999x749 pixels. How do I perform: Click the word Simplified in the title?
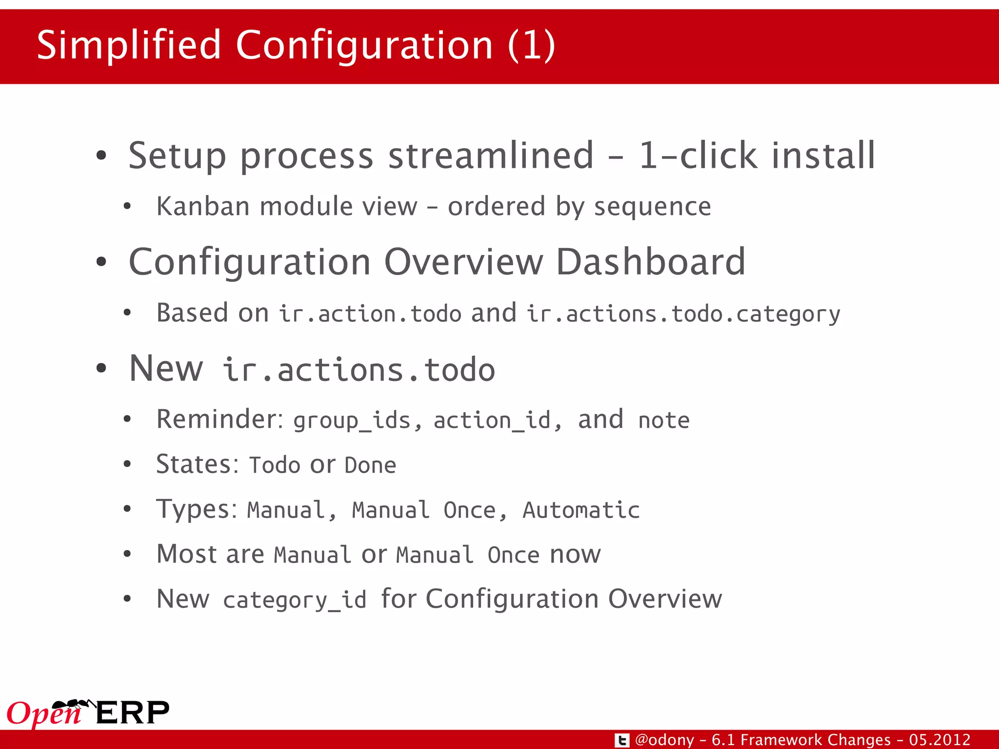(129, 45)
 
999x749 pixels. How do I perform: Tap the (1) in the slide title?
(531, 45)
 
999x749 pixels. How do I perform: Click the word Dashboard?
(650, 262)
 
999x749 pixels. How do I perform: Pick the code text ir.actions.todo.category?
(683, 314)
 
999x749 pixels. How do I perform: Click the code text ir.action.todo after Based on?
(370, 314)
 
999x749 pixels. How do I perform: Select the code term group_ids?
(352, 420)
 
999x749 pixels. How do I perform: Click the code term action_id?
(492, 420)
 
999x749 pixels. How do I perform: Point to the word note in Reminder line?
(664, 420)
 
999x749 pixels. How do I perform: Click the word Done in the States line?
(370, 465)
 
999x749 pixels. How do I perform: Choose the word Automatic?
(581, 510)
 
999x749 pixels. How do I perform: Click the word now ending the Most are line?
(575, 554)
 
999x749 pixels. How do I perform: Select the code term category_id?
(294, 599)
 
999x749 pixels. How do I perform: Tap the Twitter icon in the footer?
(621, 740)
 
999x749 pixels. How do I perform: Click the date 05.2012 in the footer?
(939, 740)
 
